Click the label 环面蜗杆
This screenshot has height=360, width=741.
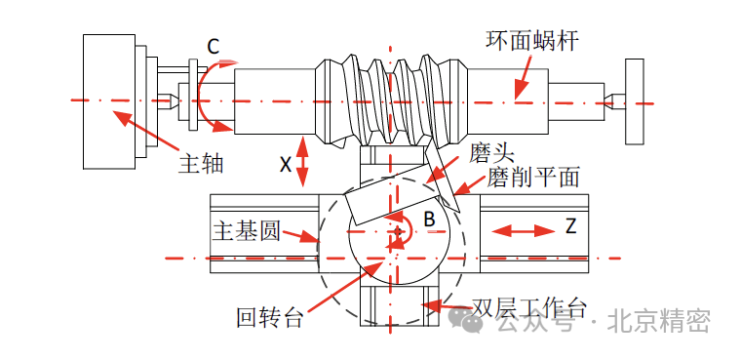[532, 41]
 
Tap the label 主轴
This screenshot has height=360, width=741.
[201, 164]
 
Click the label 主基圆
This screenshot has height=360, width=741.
[247, 231]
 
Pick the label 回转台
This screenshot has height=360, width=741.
[269, 317]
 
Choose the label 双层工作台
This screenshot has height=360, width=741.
[529, 309]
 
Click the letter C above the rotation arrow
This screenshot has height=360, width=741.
[214, 46]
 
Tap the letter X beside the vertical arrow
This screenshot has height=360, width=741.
[285, 165]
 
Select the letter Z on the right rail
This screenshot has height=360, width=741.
[571, 226]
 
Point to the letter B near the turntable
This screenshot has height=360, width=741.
[429, 220]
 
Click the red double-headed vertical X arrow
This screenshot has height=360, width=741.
[302, 161]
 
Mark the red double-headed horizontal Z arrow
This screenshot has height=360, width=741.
[523, 231]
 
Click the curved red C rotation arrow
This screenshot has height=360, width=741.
[201, 95]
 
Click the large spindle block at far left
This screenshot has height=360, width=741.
[109, 101]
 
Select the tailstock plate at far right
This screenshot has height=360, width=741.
[634, 101]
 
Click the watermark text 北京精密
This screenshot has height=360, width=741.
[658, 321]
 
